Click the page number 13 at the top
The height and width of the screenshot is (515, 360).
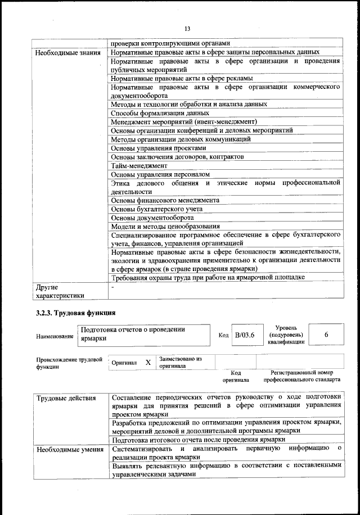pos(187,29)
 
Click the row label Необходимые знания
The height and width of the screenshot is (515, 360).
pos(68,53)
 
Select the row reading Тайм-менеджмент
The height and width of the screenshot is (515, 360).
pos(139,166)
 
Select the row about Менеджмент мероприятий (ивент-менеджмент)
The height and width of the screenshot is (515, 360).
pos(184,122)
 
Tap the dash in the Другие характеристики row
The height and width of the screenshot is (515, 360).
pos(113,287)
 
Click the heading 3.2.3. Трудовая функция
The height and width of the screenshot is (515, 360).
pos(76,313)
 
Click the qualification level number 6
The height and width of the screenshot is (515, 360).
pos(326,335)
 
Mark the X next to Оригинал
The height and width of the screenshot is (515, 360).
pos(148,363)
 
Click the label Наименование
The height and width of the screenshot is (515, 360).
pos(55,336)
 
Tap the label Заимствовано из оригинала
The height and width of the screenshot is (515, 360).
pos(181,362)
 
